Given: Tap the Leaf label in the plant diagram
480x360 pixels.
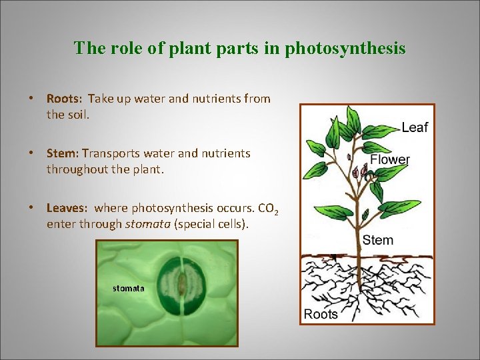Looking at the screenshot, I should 415,127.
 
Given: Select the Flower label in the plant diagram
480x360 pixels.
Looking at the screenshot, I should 390,160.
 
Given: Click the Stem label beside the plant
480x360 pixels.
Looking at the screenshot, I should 378,240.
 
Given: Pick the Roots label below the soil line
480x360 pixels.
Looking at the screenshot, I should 321,314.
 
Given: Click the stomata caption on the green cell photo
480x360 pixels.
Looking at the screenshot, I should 129,288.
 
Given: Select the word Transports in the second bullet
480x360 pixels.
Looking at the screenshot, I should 107,153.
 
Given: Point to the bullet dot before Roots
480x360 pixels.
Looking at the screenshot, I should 31,99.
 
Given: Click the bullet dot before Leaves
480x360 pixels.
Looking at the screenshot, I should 31,208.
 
